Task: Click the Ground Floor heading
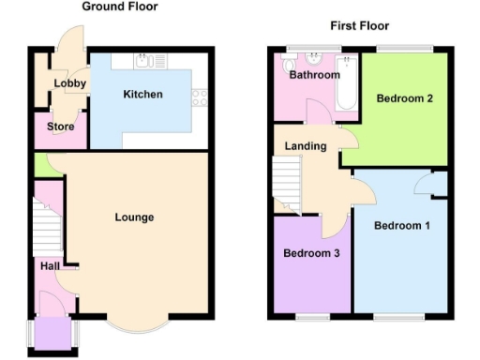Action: click(120, 7)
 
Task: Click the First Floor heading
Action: click(359, 25)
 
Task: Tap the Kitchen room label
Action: click(142, 95)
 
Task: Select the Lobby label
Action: click(70, 83)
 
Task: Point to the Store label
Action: click(60, 127)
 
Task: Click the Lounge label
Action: click(134, 217)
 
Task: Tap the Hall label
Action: click(50, 267)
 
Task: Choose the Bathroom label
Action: click(314, 75)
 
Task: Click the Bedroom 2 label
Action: click(404, 98)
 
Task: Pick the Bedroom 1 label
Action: click(401, 226)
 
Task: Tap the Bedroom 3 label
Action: click(311, 254)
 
